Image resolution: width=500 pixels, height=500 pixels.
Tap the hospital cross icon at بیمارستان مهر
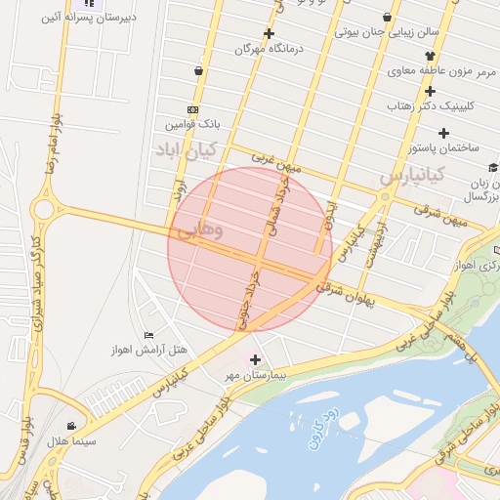pos(256,359)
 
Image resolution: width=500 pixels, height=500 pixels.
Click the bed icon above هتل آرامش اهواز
pos(148,335)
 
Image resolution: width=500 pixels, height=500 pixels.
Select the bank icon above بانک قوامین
pos(191,110)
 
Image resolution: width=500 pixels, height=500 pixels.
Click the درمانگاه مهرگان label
pos(271,47)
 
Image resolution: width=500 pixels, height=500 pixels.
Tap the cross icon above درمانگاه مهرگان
pos(269,32)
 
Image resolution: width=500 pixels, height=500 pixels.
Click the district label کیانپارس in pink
pos(411,175)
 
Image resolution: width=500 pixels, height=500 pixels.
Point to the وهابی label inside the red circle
pos(201,231)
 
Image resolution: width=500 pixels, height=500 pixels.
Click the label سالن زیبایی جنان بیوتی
pos(388,32)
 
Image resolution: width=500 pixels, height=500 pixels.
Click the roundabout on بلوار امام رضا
pos(43,208)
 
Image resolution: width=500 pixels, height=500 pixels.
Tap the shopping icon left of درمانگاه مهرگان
pos(199,70)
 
